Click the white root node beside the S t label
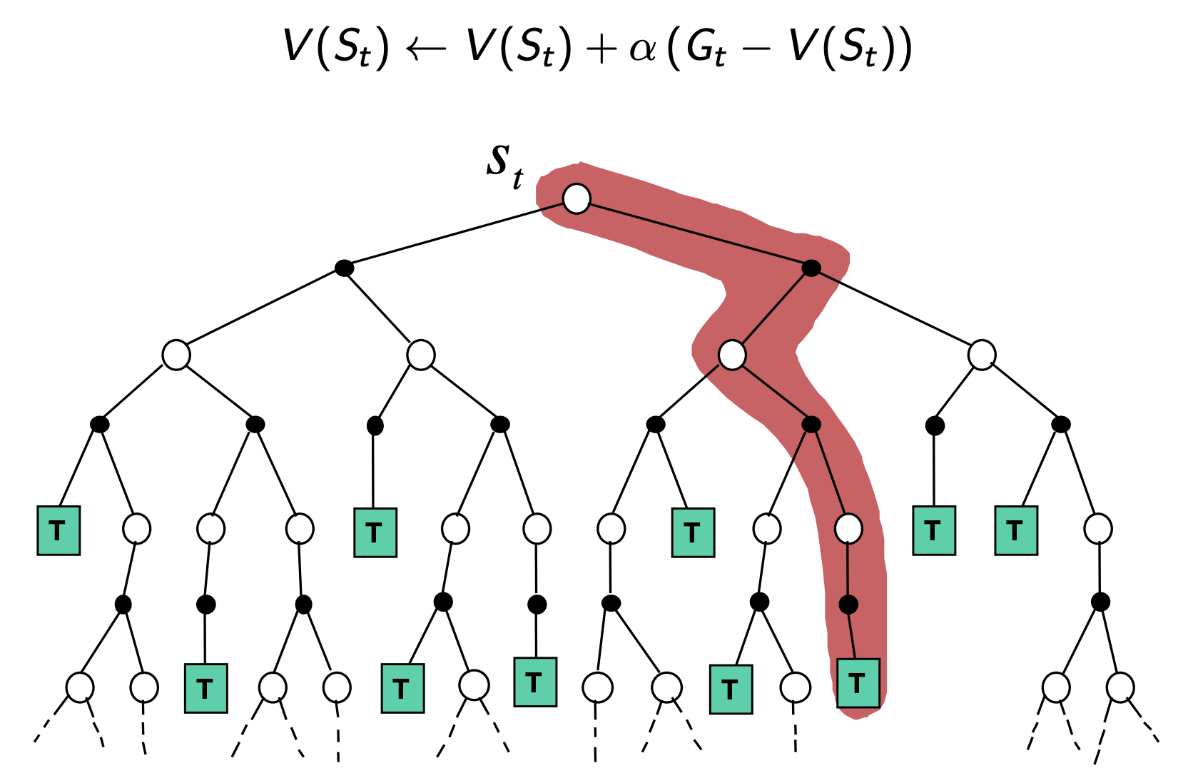(x=577, y=198)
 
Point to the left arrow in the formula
(x=426, y=49)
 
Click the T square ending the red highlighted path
(x=858, y=683)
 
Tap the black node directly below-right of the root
(x=811, y=268)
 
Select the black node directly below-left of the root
(x=345, y=268)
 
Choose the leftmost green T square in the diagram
(x=59, y=530)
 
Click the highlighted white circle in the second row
(x=732, y=355)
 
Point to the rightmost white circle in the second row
(x=982, y=355)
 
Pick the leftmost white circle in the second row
(x=176, y=355)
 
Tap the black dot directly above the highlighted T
(x=848, y=605)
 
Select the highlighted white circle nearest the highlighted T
(x=848, y=529)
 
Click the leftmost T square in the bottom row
(x=205, y=688)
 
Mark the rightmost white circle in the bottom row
(x=1120, y=687)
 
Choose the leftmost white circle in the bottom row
(x=80, y=687)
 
